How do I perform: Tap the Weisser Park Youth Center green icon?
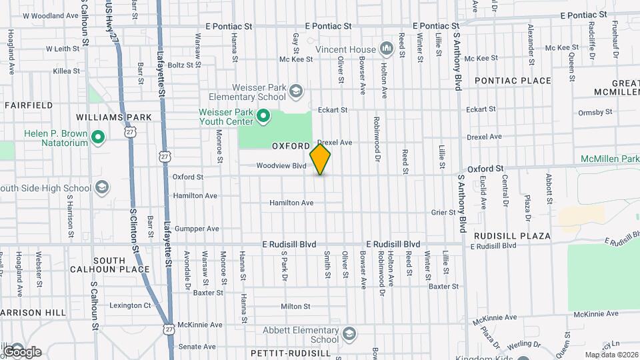tap(263, 117)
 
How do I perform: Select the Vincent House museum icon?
tap(386, 49)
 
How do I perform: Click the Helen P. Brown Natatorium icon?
tap(99, 138)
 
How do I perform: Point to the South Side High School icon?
tap(102, 186)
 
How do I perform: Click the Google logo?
tap(22, 351)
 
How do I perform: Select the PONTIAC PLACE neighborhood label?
tap(513, 81)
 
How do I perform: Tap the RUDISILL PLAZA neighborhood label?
tap(512, 236)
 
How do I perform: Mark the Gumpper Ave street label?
tap(195, 229)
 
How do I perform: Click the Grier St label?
tap(443, 213)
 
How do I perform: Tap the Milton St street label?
tap(295, 307)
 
